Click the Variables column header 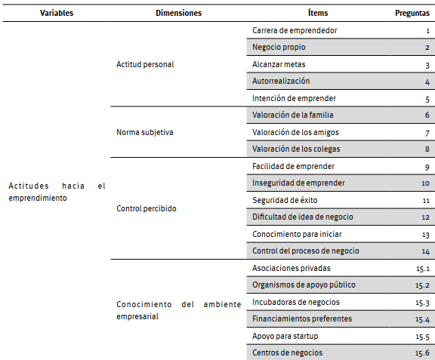tap(57, 13)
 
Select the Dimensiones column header tap(178, 13)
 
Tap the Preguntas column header tap(412, 13)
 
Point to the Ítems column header tap(318, 13)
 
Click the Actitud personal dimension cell tap(145, 64)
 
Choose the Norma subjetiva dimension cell tap(145, 132)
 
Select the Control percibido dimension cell tap(147, 208)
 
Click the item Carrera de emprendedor tap(295, 30)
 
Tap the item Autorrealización tap(281, 82)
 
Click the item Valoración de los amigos tap(295, 132)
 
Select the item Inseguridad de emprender tap(298, 183)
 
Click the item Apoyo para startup tap(285, 336)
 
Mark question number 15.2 tap(422, 285)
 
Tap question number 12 tap(425, 217)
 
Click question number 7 tap(427, 133)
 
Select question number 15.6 tap(422, 353)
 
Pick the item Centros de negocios tap(288, 352)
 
